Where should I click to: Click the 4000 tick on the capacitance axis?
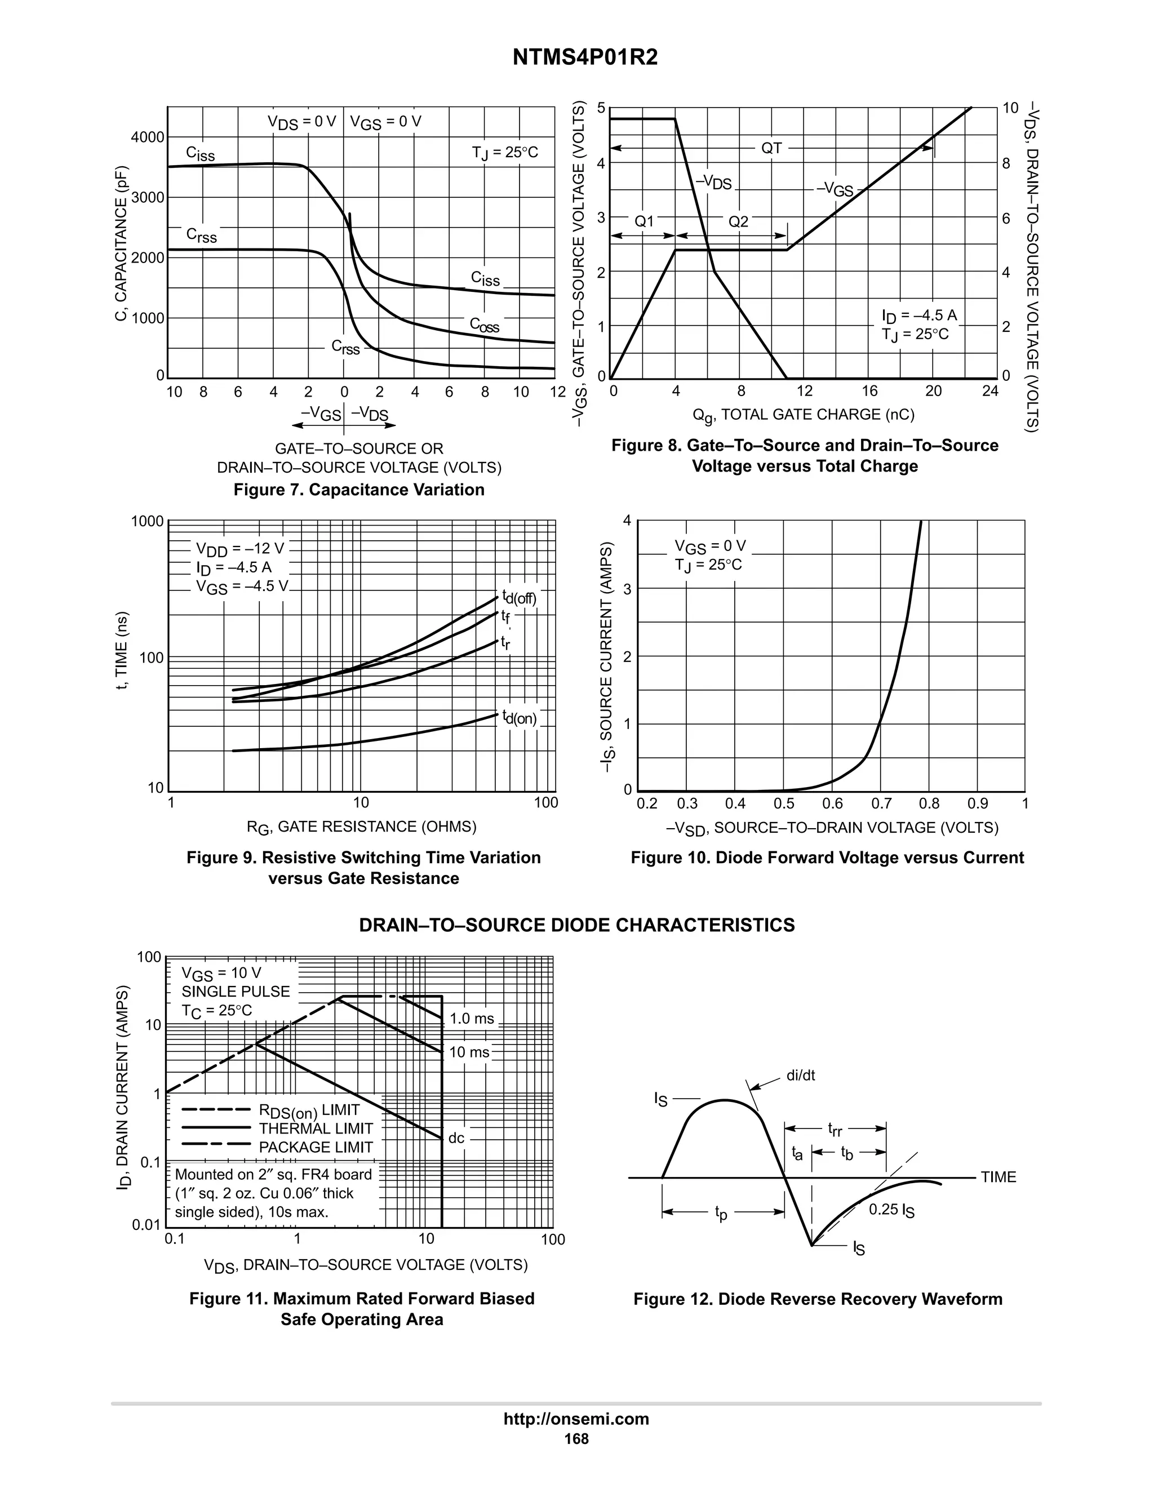pyautogui.click(x=148, y=137)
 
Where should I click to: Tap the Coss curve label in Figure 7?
pyautogui.click(x=484, y=326)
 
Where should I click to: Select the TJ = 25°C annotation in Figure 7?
pyautogui.click(x=504, y=153)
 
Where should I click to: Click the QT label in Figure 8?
pyautogui.click(x=771, y=148)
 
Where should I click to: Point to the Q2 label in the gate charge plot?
pyautogui.click(x=738, y=222)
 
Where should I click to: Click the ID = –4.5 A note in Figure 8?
pyautogui.click(x=919, y=316)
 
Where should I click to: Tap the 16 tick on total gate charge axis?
pyautogui.click(x=869, y=392)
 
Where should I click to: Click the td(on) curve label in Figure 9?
pyautogui.click(x=519, y=718)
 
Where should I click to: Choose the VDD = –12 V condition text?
pyautogui.click(x=239, y=549)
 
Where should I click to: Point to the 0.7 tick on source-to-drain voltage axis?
pyautogui.click(x=881, y=804)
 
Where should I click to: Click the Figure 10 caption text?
pyautogui.click(x=827, y=858)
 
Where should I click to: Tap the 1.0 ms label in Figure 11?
pyautogui.click(x=472, y=1019)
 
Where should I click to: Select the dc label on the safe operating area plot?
pyautogui.click(x=456, y=1138)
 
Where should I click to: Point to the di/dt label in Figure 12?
pyautogui.click(x=800, y=1076)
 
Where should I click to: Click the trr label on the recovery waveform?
pyautogui.click(x=835, y=1128)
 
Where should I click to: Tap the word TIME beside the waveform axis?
pyautogui.click(x=998, y=1177)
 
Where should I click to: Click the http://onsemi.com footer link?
pyautogui.click(x=576, y=1419)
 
